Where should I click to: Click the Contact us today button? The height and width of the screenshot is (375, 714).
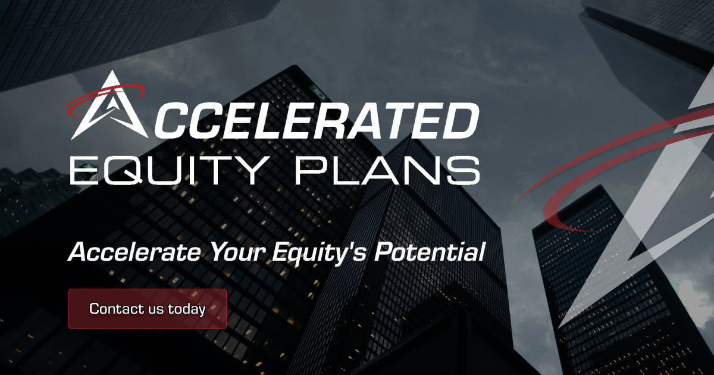pyautogui.click(x=148, y=309)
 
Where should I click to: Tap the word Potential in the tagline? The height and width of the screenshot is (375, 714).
pyautogui.click(x=429, y=252)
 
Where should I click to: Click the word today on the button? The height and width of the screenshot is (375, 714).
pyautogui.click(x=186, y=309)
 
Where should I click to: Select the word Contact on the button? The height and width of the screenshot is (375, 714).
pyautogui.click(x=109, y=309)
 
